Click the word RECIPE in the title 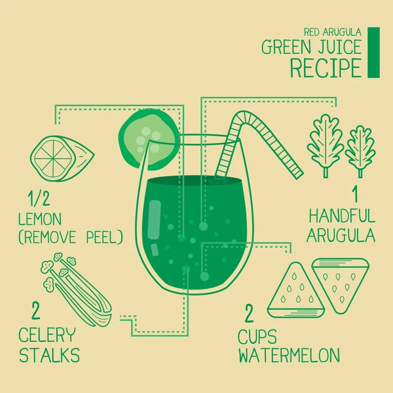(x=326, y=67)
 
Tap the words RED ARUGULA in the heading (x=333, y=32)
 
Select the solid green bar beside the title (x=374, y=52)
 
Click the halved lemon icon (x=62, y=159)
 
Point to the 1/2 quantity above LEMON (x=39, y=198)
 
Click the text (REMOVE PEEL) (x=71, y=237)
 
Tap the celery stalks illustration (x=77, y=290)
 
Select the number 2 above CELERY (x=36, y=310)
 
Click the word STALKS (x=49, y=354)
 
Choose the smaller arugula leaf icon (x=360, y=151)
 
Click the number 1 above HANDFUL (x=355, y=195)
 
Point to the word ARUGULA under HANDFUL (x=341, y=236)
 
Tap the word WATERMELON (x=289, y=355)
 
